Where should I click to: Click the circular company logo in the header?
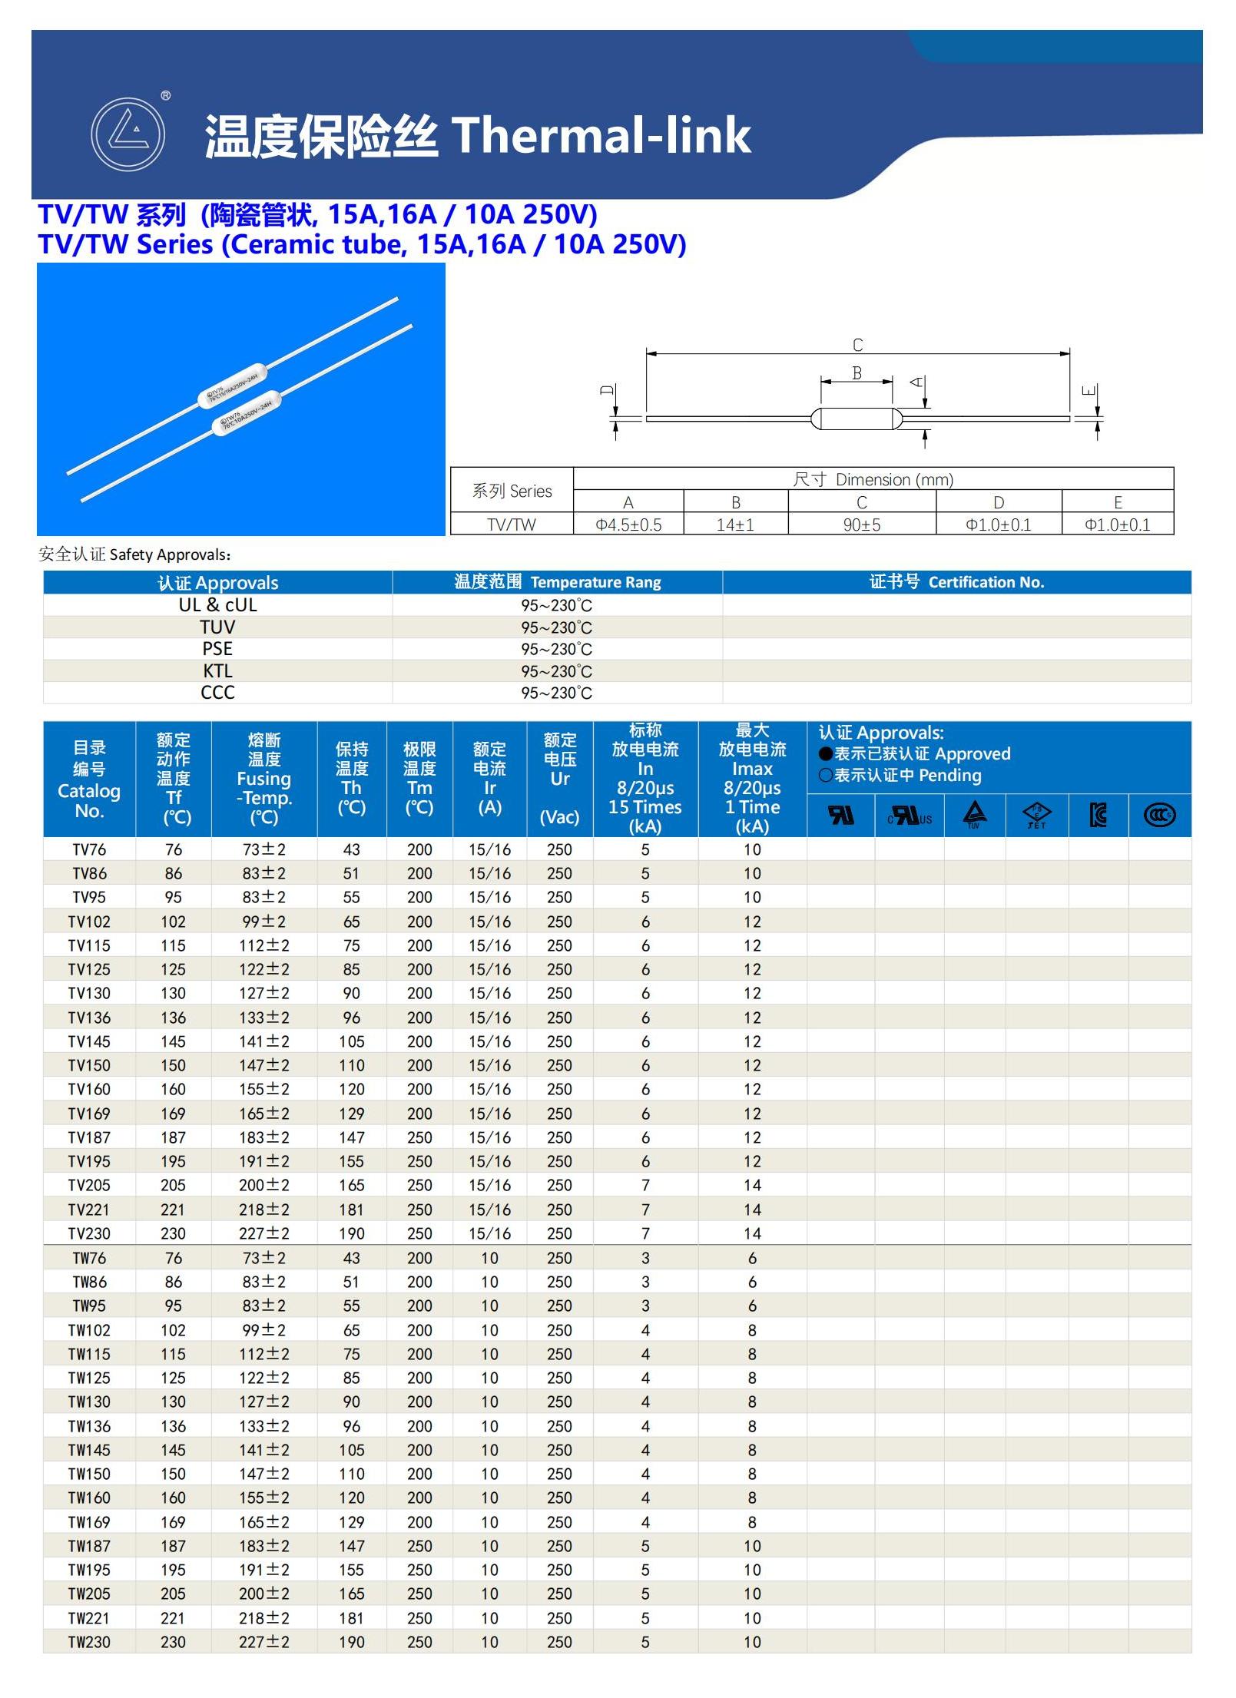tap(128, 134)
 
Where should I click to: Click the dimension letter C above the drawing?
tap(857, 345)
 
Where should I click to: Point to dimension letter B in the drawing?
tap(857, 373)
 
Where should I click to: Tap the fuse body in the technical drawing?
tap(856, 419)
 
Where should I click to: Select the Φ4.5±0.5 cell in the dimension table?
tap(628, 525)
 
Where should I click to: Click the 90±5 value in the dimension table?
tap(861, 525)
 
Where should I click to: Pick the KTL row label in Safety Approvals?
tap(217, 670)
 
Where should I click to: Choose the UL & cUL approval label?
tap(217, 605)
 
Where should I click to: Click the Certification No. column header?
tap(956, 582)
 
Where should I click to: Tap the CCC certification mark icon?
tap(1159, 815)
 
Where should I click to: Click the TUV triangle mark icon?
tap(975, 814)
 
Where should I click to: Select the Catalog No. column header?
tap(89, 779)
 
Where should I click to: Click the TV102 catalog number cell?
tap(89, 922)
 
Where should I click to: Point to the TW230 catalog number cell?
tap(89, 1642)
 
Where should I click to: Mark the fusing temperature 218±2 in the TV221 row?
tap(263, 1210)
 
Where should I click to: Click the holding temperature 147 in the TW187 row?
tap(351, 1546)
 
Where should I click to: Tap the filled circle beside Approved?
tap(826, 754)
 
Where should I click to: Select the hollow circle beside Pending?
tap(826, 776)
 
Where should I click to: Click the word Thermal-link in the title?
tap(601, 136)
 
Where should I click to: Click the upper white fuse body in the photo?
tap(232, 385)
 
